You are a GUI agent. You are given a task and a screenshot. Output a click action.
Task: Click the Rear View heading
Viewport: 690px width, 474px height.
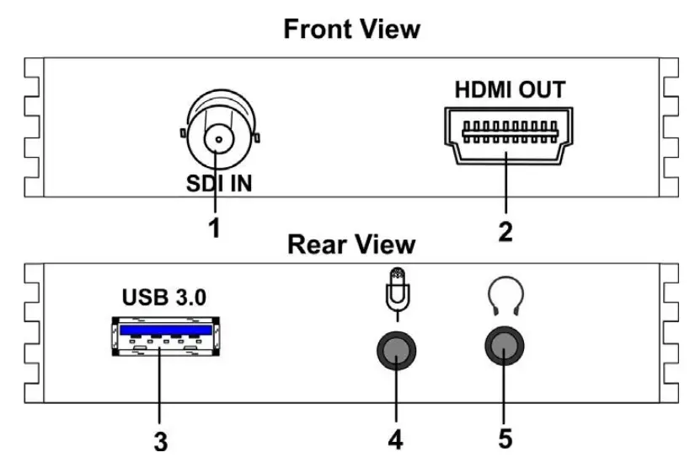click(x=351, y=245)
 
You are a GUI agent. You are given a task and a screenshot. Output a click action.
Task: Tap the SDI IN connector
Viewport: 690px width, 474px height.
click(x=218, y=137)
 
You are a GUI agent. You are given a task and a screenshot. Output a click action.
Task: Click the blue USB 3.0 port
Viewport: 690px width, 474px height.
click(x=165, y=335)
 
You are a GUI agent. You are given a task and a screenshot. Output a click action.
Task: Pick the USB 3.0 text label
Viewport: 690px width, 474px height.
click(x=163, y=299)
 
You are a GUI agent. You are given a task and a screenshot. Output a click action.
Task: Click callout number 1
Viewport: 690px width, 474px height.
click(x=215, y=227)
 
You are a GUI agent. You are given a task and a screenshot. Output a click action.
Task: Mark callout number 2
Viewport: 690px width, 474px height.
click(x=505, y=230)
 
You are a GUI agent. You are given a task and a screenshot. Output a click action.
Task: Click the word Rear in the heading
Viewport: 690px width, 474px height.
click(x=316, y=245)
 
